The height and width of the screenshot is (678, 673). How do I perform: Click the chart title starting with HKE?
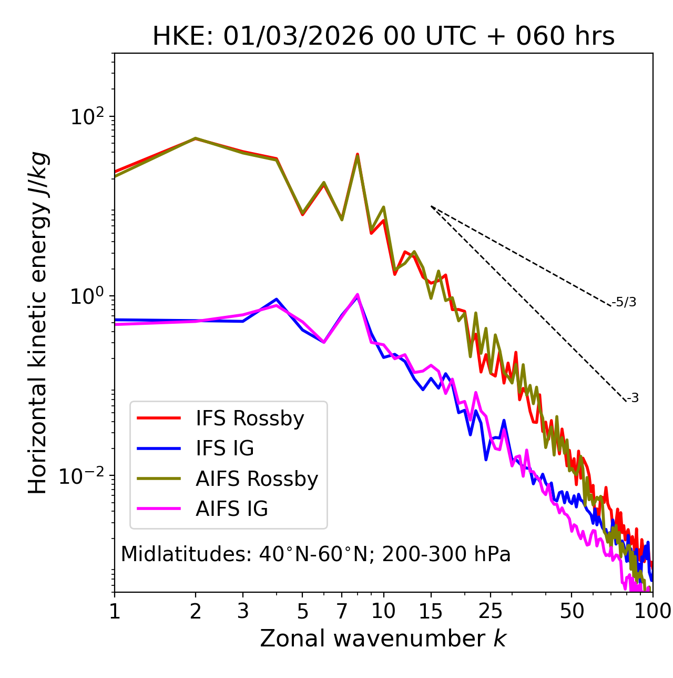383,36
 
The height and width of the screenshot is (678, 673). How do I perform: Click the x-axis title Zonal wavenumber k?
383,639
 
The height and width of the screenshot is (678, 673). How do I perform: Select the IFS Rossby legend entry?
250,418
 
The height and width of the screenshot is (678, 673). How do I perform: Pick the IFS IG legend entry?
225,448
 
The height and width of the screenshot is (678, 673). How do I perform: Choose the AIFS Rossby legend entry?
257,479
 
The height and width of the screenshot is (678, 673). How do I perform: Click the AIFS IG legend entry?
231,509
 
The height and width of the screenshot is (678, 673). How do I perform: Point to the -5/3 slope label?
624,302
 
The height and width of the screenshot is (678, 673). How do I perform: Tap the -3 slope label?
633,398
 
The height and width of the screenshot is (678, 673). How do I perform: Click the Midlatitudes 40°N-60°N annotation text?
315,554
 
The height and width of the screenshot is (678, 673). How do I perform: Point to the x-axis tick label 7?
342,611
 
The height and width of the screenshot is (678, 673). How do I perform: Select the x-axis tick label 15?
431,611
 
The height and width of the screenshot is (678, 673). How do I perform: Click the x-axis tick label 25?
491,611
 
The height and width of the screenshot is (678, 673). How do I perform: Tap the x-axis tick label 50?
572,611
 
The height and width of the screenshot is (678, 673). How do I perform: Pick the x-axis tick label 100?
652,611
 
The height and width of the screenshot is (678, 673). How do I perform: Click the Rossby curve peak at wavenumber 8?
358,155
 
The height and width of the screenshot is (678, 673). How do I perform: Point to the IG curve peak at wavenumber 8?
358,295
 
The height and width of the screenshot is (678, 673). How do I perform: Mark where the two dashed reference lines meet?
431,206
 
